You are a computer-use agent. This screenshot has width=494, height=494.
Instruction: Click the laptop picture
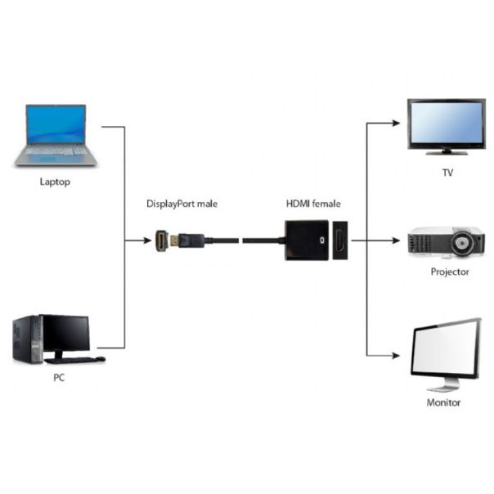56,135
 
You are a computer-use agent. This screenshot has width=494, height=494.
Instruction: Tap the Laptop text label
56,182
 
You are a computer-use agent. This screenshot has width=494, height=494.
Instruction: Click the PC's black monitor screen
65,334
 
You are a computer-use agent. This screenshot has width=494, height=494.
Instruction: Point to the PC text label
58,379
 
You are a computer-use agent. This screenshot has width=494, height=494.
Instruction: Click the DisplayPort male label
182,204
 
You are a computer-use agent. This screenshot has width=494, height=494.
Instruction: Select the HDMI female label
313,204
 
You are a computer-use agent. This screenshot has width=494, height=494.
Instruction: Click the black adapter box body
307,240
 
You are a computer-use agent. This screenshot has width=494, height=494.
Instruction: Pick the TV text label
447,173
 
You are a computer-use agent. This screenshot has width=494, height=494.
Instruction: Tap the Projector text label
450,272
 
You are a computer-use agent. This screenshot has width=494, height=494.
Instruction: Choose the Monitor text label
444,402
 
